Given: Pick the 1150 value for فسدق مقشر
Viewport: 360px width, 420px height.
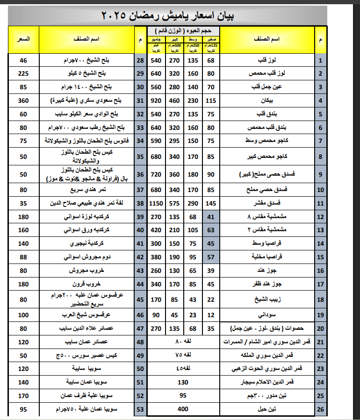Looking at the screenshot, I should tap(156, 204).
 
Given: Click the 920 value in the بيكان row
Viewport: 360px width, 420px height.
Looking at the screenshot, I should tap(156, 100).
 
